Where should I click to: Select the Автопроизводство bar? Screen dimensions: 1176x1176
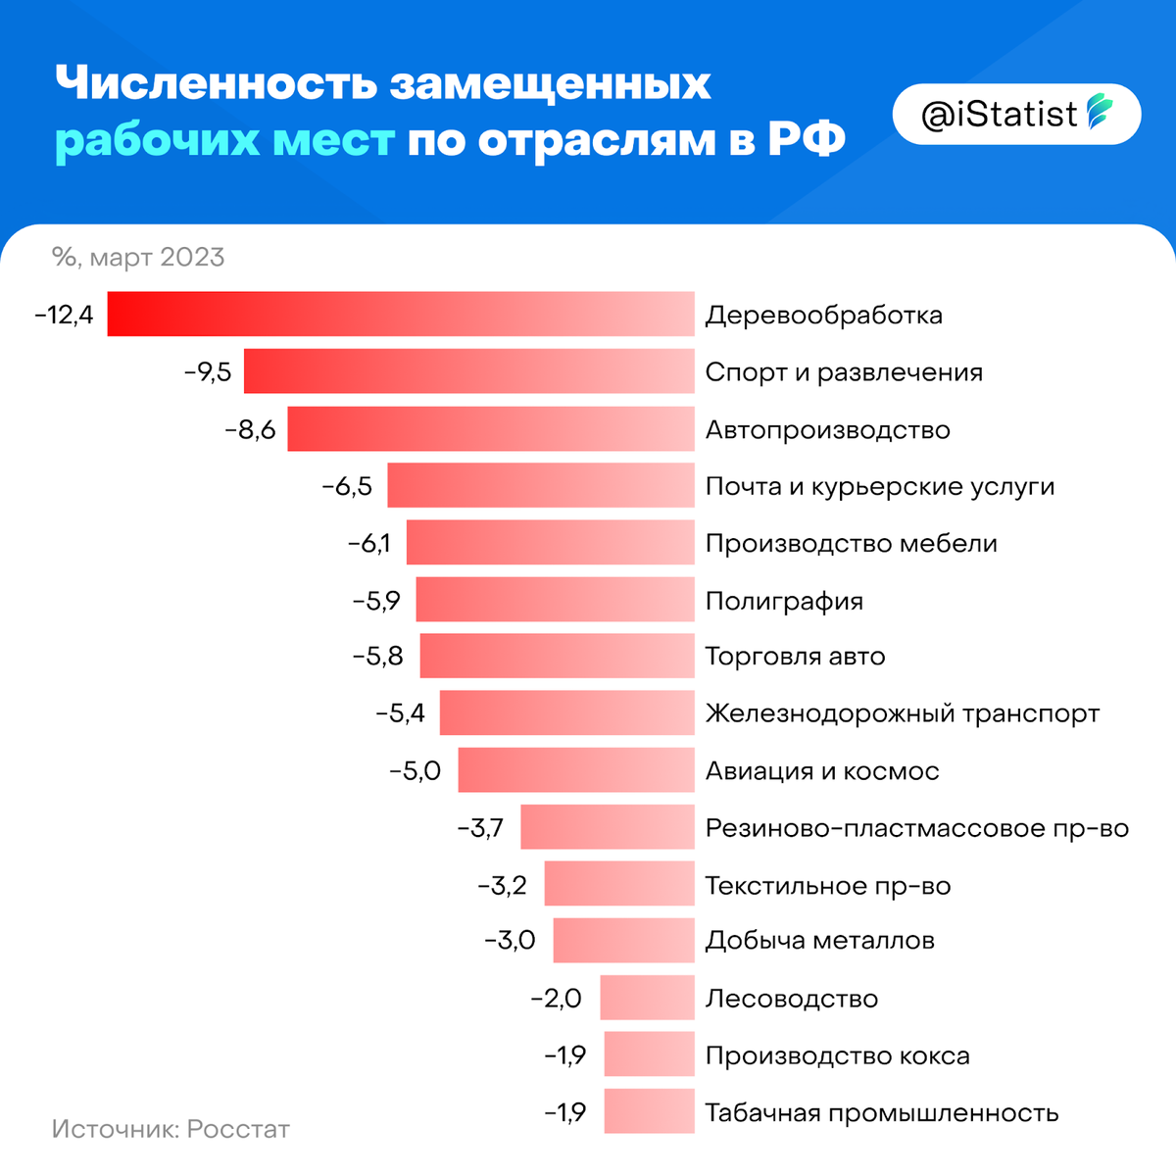point(490,429)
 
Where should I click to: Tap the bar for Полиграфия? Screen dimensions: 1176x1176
point(555,600)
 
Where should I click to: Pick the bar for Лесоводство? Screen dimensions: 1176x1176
point(647,999)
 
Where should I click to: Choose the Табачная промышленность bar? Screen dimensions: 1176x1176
point(649,1112)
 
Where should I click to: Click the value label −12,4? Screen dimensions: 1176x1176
point(64,316)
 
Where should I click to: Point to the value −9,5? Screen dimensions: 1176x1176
point(208,372)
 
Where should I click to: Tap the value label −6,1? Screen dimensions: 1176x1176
point(369,544)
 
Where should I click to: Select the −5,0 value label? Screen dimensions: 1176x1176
point(415,771)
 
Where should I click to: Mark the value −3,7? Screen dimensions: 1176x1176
point(480,828)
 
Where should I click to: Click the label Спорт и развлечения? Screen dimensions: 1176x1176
point(844,372)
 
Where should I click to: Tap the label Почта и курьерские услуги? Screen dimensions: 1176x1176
point(880,487)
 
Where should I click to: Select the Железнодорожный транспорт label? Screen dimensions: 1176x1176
point(903,713)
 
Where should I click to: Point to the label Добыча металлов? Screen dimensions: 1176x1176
point(820,941)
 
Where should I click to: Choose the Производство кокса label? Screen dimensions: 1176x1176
point(838,1056)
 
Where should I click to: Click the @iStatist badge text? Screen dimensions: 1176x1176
point(999,115)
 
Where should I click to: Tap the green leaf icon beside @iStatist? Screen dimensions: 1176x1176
point(1100,114)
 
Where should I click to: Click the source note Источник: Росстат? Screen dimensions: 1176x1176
point(171,1129)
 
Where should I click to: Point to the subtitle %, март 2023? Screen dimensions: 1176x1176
point(138,258)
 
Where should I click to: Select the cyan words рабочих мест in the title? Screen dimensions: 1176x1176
point(224,140)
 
